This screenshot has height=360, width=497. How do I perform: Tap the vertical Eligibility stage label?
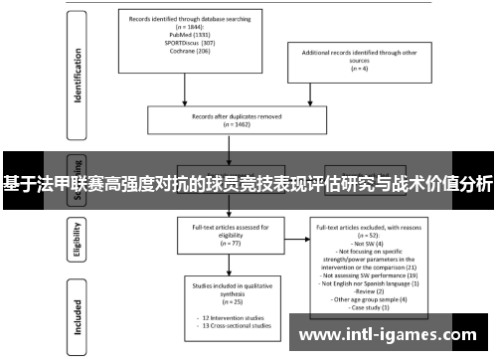tap(76, 240)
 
